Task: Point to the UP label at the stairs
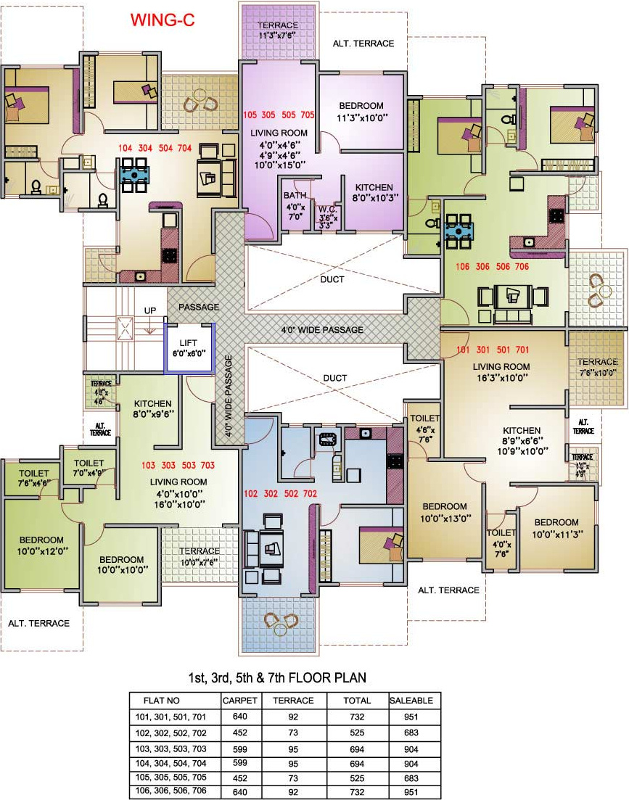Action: pyautogui.click(x=150, y=310)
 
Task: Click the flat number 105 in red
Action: pyautogui.click(x=250, y=115)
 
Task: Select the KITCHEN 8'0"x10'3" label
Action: pyautogui.click(x=374, y=191)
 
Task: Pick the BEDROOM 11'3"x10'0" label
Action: pyautogui.click(x=361, y=111)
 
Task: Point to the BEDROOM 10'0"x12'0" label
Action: pyautogui.click(x=41, y=545)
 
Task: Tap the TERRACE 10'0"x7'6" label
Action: pyautogui.click(x=199, y=556)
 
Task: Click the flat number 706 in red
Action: pyautogui.click(x=522, y=266)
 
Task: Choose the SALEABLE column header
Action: pyautogui.click(x=411, y=701)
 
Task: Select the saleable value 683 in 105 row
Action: pyautogui.click(x=411, y=779)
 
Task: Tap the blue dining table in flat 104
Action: pyautogui.click(x=136, y=174)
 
